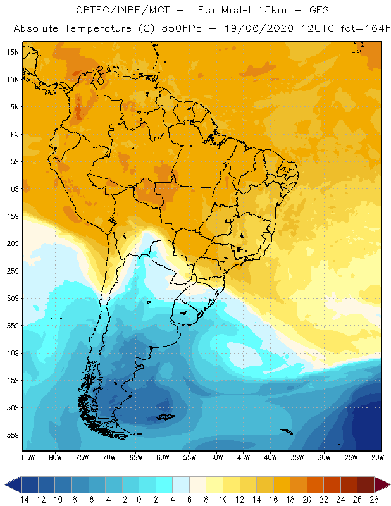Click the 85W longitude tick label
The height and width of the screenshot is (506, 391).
[28, 457]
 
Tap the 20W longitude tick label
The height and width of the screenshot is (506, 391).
[378, 457]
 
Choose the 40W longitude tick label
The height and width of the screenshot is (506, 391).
[270, 457]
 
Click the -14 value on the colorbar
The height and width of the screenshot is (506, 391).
[20, 500]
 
